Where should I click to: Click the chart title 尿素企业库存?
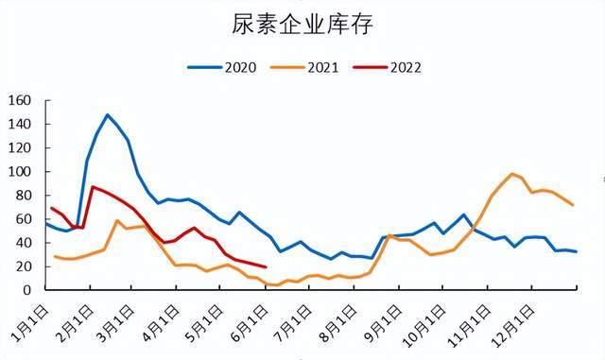tap(302, 26)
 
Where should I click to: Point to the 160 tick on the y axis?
tap(21, 100)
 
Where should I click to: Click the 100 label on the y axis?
tap(21, 172)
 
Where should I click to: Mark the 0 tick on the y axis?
tap(28, 290)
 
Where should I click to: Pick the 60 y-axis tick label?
tap(25, 219)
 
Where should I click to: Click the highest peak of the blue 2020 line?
tap(108, 115)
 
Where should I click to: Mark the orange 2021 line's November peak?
tap(512, 174)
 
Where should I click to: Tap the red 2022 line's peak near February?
tap(92, 187)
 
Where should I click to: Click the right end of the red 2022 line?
tap(266, 266)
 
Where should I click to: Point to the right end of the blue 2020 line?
tap(576, 251)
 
